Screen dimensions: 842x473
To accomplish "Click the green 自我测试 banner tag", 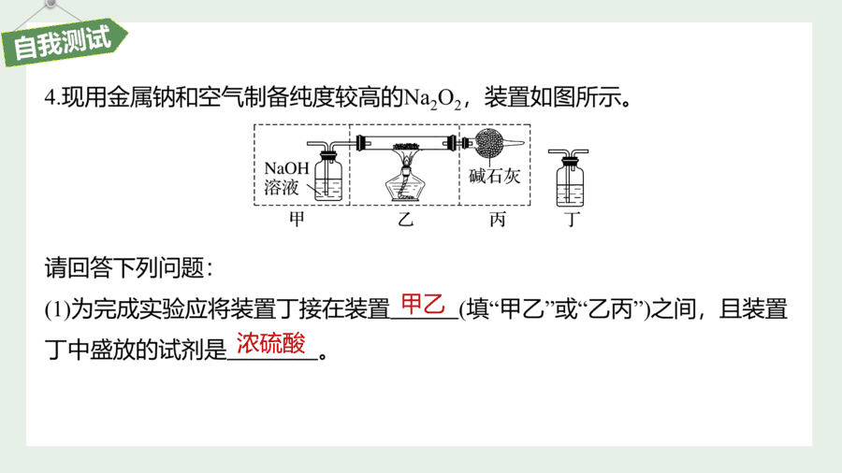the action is click(65, 43).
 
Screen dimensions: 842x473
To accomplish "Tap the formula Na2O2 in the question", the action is click(432, 98).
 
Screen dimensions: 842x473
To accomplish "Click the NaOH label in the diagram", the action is click(287, 168).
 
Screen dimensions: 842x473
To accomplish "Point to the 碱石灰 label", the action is click(495, 176).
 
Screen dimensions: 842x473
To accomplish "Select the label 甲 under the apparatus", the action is click(297, 219).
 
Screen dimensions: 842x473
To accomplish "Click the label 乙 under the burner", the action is click(405, 219).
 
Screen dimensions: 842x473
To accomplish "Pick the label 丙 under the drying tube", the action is click(498, 219).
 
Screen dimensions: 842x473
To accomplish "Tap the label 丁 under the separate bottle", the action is click(572, 219).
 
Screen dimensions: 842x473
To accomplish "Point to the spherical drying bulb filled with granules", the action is click(489, 143).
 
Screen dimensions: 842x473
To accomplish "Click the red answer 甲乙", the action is click(423, 304).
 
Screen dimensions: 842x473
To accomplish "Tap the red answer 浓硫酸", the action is click(271, 343).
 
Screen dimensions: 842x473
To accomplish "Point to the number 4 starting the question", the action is click(50, 98).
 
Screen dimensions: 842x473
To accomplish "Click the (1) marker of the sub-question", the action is click(57, 309).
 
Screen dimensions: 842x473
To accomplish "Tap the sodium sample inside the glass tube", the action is click(406, 146).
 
